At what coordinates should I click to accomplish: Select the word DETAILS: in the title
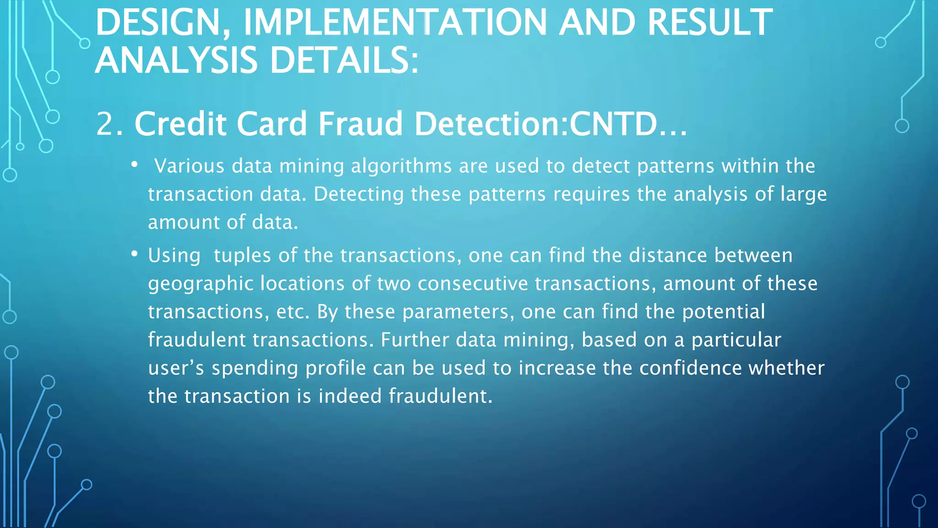click(x=344, y=60)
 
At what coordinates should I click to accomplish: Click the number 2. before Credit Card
click(x=110, y=124)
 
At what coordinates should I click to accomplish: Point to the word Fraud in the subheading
click(x=360, y=124)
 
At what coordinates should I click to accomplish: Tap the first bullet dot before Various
click(x=134, y=164)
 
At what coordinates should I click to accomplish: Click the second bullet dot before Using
click(x=134, y=253)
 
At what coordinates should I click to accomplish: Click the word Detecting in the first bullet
click(x=358, y=194)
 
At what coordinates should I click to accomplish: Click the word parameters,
click(x=458, y=312)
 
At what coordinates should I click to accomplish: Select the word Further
click(x=415, y=340)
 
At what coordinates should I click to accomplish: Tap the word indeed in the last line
click(x=350, y=396)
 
